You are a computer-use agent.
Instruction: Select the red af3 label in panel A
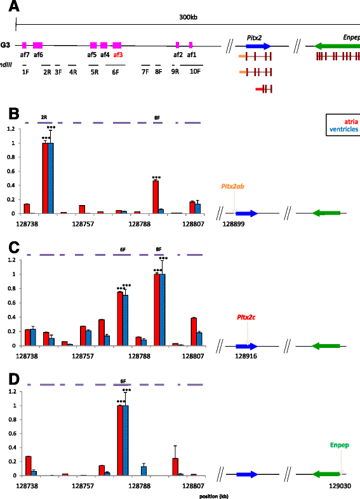[118, 55]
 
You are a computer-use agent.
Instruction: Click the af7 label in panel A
[25, 55]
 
